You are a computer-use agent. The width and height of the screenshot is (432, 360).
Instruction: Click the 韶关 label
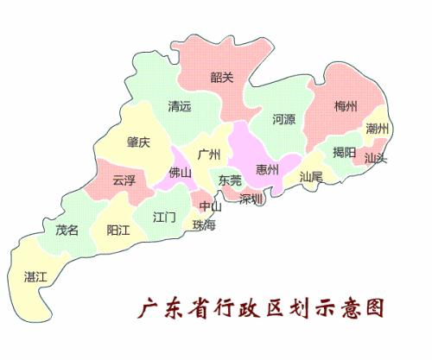point(222,78)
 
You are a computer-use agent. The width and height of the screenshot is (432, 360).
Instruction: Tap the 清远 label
point(180,108)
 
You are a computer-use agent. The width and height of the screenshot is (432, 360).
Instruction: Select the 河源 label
point(284,118)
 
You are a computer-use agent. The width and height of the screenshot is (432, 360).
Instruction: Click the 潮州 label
point(377,129)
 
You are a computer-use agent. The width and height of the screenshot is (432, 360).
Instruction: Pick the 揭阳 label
point(344,152)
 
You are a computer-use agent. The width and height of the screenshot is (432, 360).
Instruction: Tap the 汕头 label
point(376,158)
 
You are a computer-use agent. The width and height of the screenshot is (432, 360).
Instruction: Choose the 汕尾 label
point(311,176)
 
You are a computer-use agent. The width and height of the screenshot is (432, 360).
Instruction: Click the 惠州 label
point(268,169)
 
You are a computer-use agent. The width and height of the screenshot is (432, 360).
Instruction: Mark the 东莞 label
point(230,181)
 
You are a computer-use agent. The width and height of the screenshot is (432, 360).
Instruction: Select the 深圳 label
point(251,199)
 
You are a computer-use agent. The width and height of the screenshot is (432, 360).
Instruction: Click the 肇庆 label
point(138,142)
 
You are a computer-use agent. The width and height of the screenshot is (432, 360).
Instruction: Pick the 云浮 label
point(124,180)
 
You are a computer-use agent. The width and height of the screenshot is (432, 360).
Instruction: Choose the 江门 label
point(164,216)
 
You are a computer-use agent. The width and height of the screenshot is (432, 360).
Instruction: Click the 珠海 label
point(205,224)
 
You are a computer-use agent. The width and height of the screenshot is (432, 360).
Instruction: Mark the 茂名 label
point(67,231)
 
